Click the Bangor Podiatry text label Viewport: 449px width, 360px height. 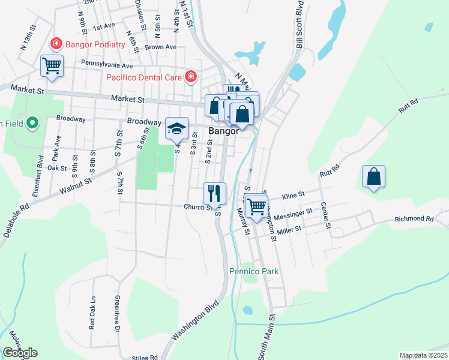[x=95, y=44]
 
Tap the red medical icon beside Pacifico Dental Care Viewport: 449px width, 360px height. [x=191, y=77]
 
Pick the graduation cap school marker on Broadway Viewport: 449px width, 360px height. [x=176, y=128]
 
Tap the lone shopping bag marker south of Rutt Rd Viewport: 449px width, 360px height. [x=373, y=176]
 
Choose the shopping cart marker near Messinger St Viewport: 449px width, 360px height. [x=256, y=206]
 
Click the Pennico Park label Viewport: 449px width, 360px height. [x=255, y=271]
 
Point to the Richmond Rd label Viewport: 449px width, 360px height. [x=414, y=220]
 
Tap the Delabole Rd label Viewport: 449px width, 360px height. [x=16, y=221]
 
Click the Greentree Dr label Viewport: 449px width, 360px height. [x=116, y=312]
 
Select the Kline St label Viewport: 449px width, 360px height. [x=294, y=195]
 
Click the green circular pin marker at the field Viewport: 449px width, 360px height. [x=33, y=124]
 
